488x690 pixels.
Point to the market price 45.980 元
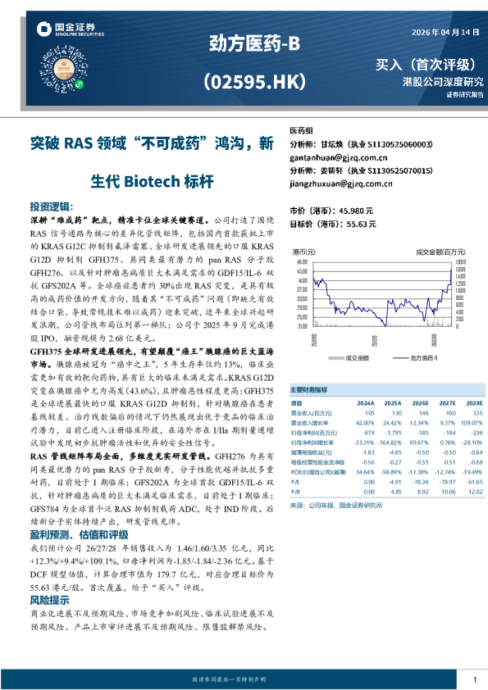pyautogui.click(x=353, y=210)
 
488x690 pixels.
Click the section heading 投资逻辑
pyautogui.click(x=50, y=207)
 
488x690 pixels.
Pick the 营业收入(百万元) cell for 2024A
pyautogui.click(x=366, y=414)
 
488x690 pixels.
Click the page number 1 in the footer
pyautogui.click(x=475, y=680)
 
